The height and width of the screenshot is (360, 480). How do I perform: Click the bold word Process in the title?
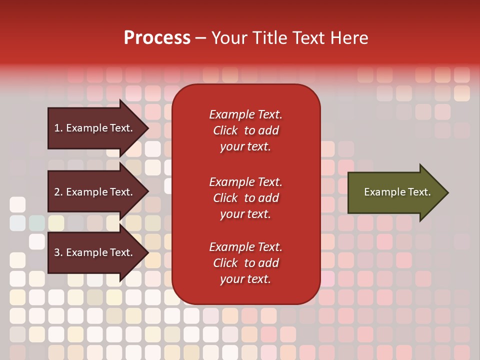tap(157, 38)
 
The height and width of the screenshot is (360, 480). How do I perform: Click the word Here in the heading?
tap(348, 38)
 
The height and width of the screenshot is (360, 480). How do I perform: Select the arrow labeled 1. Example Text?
tap(95, 128)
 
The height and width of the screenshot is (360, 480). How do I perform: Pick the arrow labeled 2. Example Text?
tap(95, 192)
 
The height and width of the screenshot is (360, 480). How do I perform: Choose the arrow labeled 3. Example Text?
tap(95, 252)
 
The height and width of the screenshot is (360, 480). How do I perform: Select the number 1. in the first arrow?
tap(58, 128)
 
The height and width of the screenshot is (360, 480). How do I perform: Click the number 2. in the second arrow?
tap(58, 192)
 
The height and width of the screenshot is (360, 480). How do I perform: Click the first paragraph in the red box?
tap(245, 130)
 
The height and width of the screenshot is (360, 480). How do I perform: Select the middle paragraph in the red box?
tap(245, 198)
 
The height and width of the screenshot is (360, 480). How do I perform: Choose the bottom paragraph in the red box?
tap(245, 263)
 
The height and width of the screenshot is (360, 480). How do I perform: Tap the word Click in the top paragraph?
tap(225, 131)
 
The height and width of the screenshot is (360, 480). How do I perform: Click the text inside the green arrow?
tap(397, 192)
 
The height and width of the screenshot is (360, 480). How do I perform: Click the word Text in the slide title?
tap(308, 38)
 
